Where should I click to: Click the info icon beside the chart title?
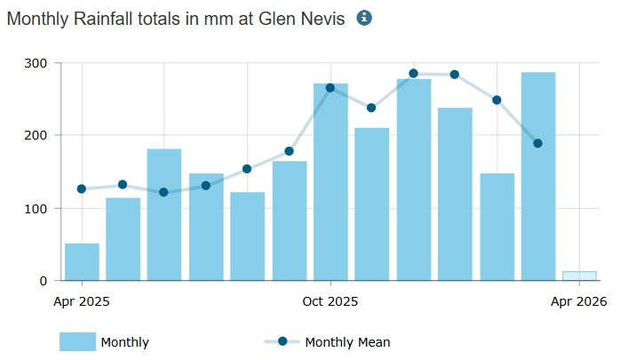click(364, 18)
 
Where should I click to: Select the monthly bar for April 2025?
click(82, 261)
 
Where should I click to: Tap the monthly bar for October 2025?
click(330, 182)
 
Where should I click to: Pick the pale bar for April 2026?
click(579, 276)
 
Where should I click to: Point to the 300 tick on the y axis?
click(36, 63)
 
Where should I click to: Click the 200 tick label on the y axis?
click(36, 135)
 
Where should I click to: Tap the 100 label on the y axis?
click(36, 208)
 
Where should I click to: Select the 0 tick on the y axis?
click(43, 281)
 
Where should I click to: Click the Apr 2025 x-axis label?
click(82, 301)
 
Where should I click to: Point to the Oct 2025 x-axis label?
click(330, 301)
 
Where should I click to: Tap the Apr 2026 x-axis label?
click(579, 301)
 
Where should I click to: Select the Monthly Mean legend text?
click(347, 342)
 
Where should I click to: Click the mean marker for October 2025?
click(330, 88)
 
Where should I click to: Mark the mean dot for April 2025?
click(82, 189)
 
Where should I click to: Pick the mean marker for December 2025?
click(413, 74)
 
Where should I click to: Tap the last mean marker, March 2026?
click(537, 143)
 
